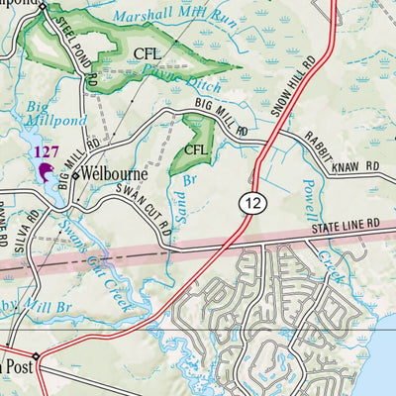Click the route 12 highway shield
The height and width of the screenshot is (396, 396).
pyautogui.click(x=252, y=202)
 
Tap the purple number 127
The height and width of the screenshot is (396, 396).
pyautogui.click(x=46, y=151)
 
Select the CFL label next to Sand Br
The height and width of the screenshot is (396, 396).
pyautogui.click(x=195, y=149)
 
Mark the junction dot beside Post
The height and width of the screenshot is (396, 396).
pyautogui.click(x=35, y=356)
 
